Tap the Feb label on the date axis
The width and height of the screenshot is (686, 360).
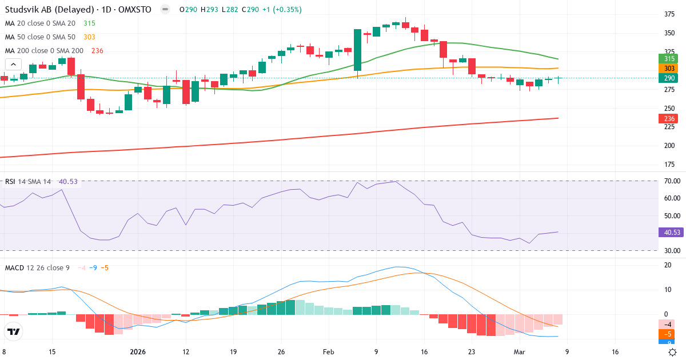[329, 353]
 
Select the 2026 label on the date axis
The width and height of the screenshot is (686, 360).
[138, 353]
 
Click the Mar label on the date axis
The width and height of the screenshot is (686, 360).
[519, 353]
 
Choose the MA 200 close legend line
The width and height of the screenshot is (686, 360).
[45, 51]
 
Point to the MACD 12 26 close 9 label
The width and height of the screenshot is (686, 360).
[37, 267]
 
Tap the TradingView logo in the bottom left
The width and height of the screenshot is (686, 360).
[14, 331]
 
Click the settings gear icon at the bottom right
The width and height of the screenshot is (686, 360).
[673, 352]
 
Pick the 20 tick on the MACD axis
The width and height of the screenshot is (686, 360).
[667, 265]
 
